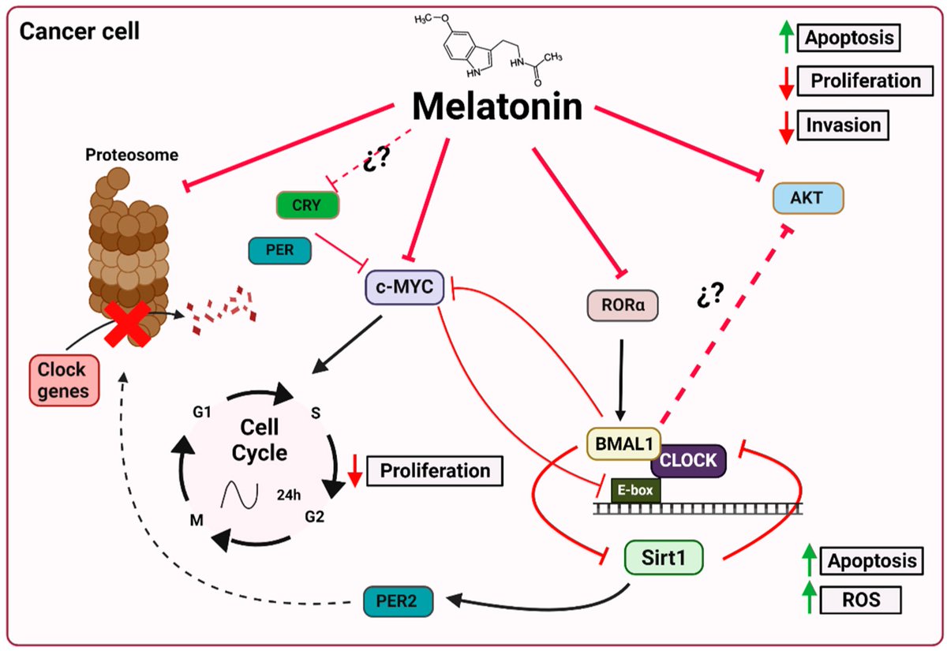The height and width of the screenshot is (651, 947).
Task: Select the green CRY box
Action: (308, 206)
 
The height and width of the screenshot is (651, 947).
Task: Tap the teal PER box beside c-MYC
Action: (279, 252)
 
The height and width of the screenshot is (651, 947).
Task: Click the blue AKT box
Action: (807, 198)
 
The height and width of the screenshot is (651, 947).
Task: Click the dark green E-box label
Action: (636, 490)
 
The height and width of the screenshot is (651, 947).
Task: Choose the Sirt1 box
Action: (662, 558)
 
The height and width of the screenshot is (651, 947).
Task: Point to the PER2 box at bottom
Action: (399, 604)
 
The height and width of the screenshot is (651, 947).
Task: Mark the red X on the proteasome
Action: (126, 320)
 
